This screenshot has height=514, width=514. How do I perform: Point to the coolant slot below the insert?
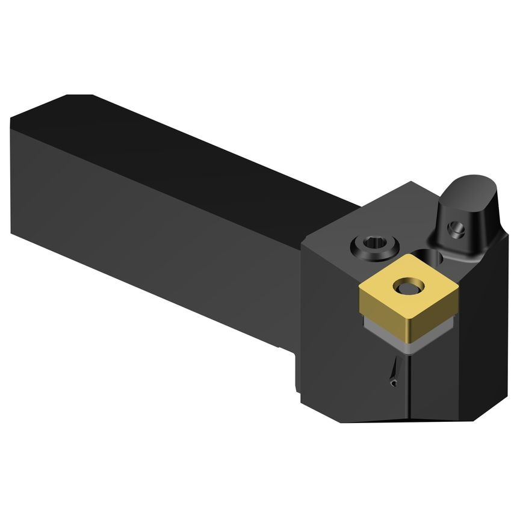pos(392,371)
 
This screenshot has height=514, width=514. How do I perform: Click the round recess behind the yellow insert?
pos(438,257)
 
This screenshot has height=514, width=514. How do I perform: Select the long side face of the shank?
pos(150,229)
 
